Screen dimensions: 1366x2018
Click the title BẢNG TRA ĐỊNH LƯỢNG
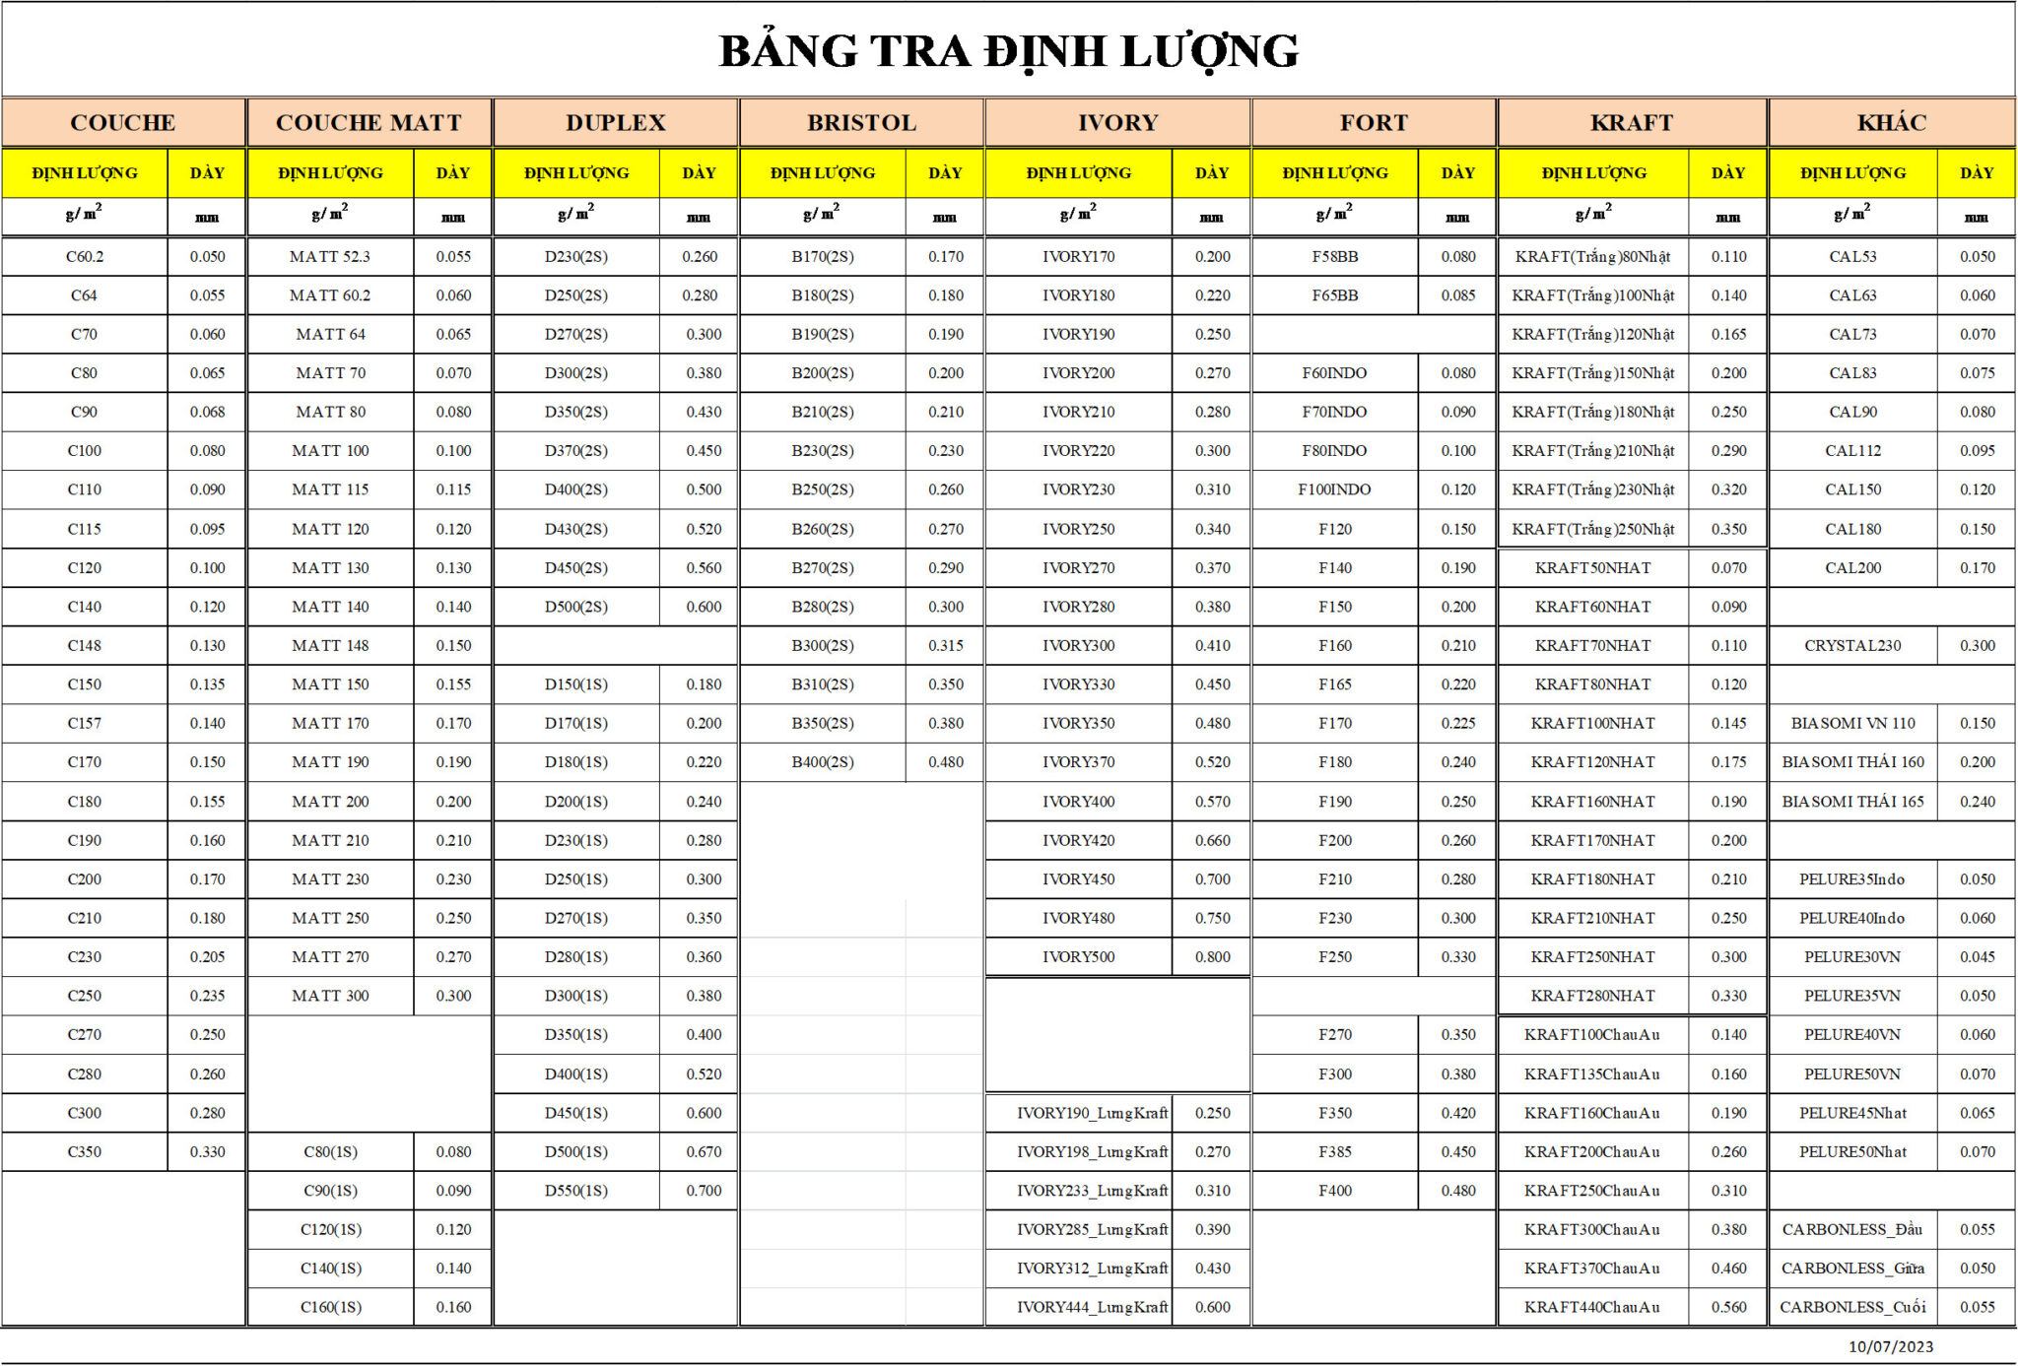1008,51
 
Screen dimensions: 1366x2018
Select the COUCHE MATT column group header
369,123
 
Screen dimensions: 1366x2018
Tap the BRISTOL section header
861,123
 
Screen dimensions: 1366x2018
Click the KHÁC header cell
1891,123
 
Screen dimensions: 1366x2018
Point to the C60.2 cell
85,257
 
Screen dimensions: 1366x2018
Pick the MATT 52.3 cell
330,257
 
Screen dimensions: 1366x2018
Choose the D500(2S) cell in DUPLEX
576,607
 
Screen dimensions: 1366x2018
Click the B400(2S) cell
823,762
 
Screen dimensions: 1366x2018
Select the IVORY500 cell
1079,956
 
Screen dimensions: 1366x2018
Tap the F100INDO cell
1334,489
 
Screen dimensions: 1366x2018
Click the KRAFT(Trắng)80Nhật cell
1592,257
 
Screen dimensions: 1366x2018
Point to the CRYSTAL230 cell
1852,646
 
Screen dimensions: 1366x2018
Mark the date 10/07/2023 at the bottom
1890,1346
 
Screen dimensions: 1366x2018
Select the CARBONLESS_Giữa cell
1852,1268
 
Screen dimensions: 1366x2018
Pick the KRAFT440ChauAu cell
1592,1307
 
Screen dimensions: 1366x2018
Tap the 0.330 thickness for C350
207,1151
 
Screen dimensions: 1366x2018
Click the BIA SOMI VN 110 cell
1852,723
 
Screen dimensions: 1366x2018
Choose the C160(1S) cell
330,1307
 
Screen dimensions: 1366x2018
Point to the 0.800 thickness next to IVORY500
1212,956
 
